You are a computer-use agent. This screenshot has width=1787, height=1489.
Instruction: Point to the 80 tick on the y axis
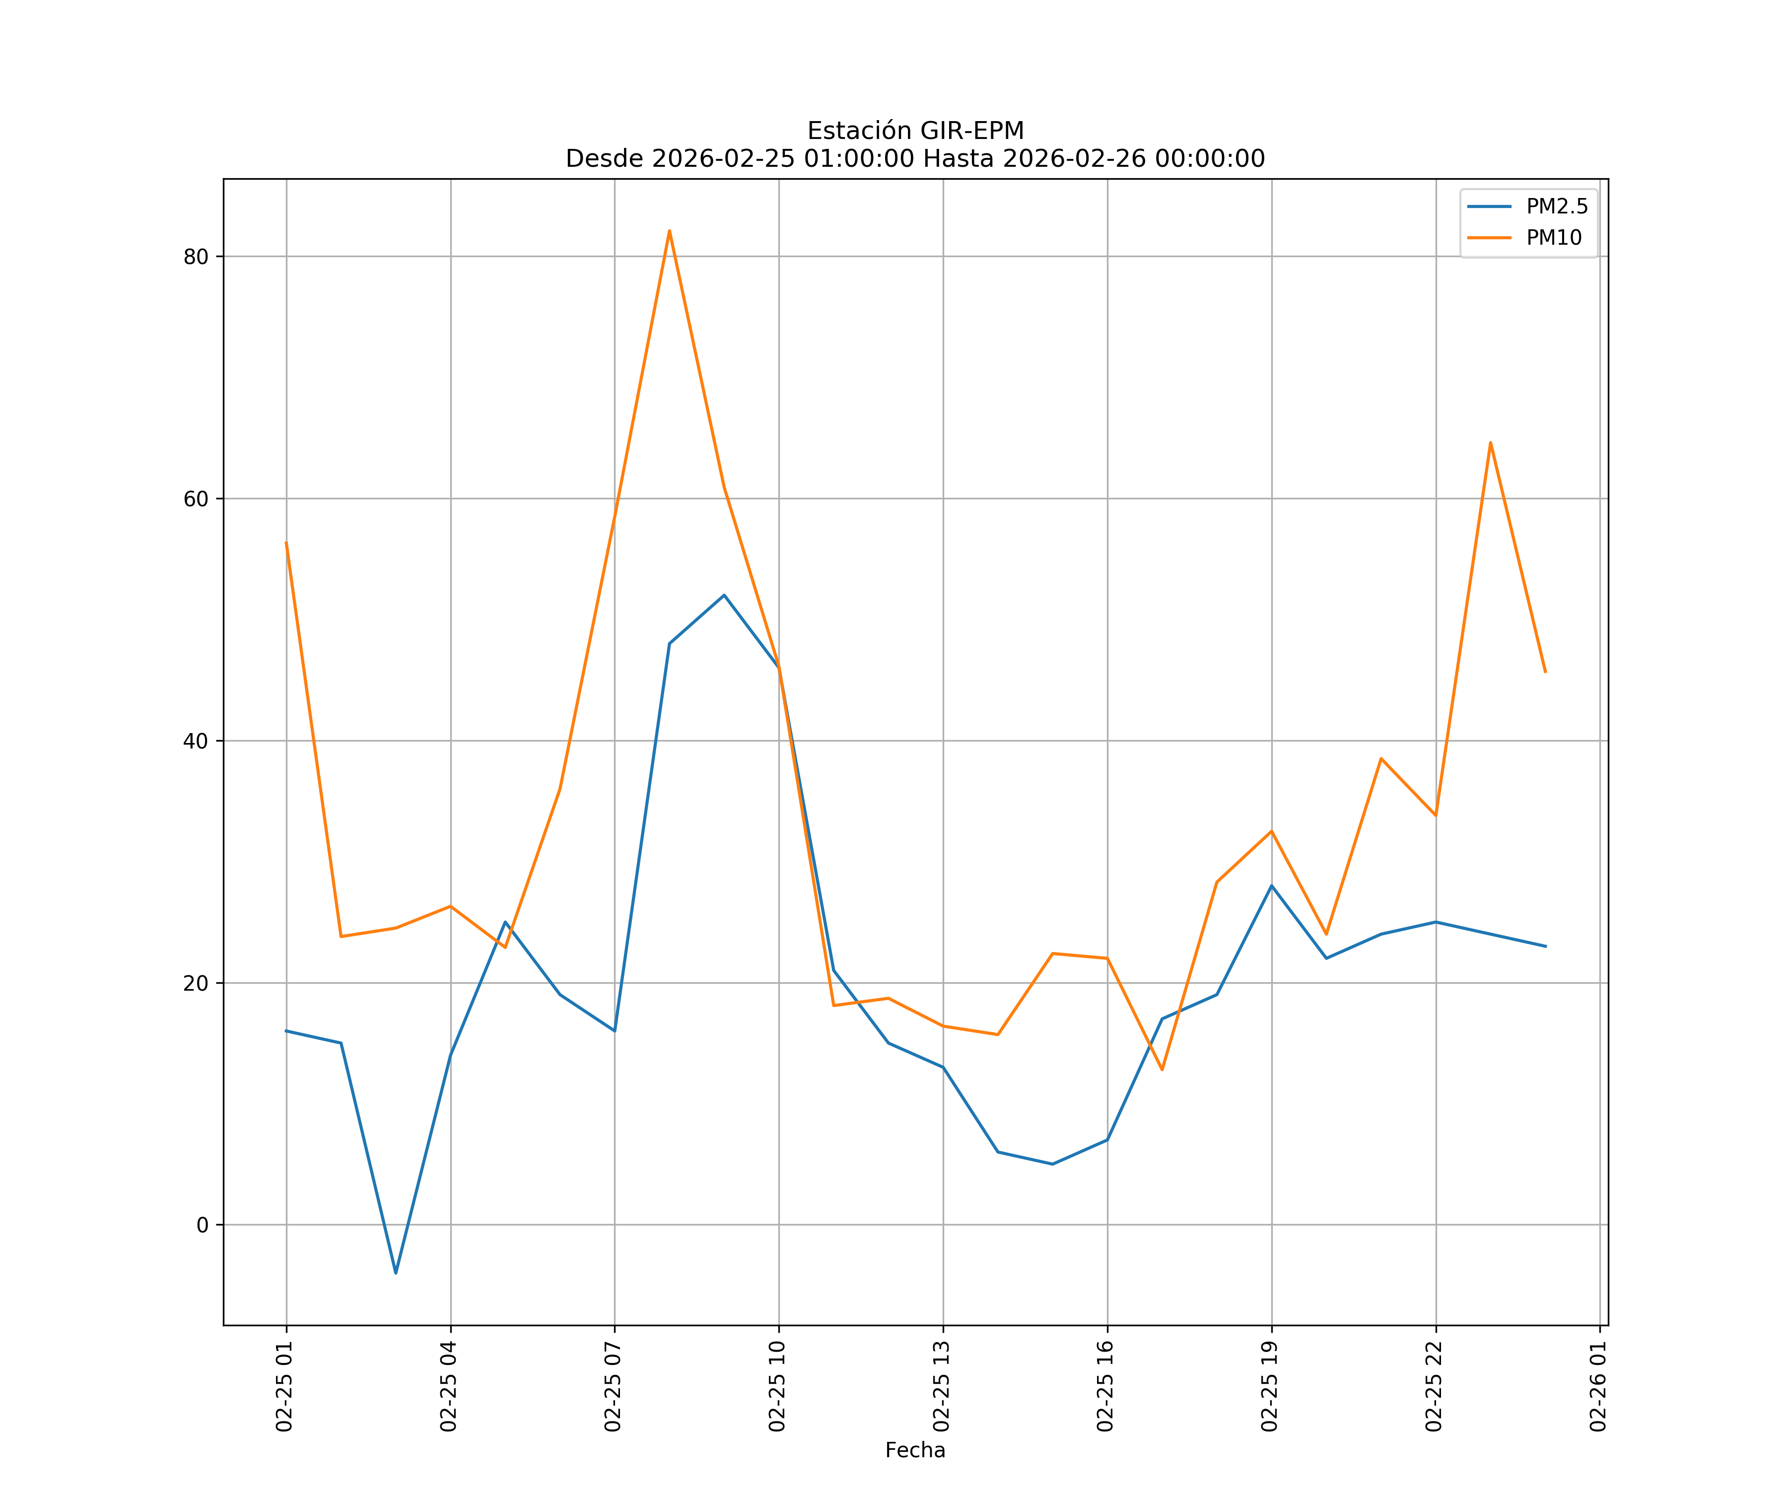click(196, 257)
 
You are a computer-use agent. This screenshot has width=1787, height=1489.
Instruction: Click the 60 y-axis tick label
click(196, 499)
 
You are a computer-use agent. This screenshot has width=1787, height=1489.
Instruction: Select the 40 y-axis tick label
click(196, 741)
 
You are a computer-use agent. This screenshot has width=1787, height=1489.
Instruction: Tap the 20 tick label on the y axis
click(196, 983)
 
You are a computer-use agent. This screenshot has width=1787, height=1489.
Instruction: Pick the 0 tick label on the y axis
click(202, 1225)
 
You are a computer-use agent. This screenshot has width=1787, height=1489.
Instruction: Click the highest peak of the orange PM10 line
click(670, 231)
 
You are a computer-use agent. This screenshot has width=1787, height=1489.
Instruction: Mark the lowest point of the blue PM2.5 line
click(396, 1273)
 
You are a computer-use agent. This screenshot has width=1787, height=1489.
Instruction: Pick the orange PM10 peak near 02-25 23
click(1490, 442)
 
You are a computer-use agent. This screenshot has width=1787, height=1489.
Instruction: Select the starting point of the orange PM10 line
click(286, 542)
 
